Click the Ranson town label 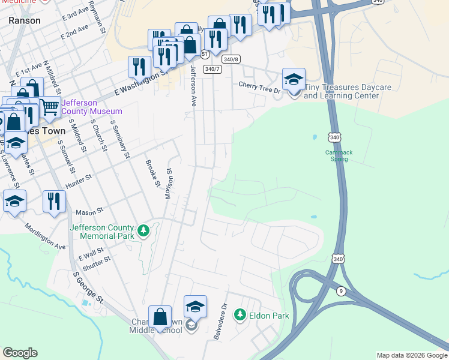tap(25, 20)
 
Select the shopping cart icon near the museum tap(50, 107)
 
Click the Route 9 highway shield tap(341, 291)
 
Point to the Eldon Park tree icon tap(240, 315)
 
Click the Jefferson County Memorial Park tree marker tap(143, 231)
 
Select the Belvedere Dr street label tap(220, 321)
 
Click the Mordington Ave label tap(46, 237)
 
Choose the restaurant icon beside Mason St tap(54, 202)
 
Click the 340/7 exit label tap(211, 70)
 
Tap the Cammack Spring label tap(339, 156)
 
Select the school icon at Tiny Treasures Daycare tap(294, 79)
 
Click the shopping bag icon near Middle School tap(160, 317)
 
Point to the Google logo tap(20, 353)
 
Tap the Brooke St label tap(152, 172)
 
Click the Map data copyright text tap(411, 355)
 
